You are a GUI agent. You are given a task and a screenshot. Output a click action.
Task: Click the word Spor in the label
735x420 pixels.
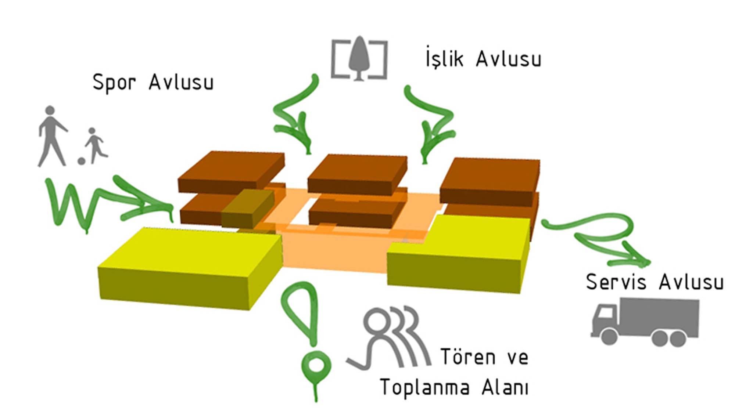tap(114, 83)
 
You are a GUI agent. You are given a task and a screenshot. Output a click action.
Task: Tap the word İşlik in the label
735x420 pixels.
tap(444, 59)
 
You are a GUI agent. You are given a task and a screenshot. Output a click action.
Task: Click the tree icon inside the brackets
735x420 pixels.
tap(359, 58)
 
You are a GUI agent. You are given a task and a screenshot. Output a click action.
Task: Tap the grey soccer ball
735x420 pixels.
tap(81, 161)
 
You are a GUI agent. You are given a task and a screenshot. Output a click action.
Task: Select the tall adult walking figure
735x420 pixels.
tap(51, 136)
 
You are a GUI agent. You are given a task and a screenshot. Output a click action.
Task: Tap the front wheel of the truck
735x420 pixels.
tap(609, 336)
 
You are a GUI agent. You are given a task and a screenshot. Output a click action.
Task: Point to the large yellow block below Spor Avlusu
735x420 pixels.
tap(189, 268)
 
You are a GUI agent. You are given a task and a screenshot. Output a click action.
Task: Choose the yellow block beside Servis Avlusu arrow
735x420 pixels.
tap(459, 253)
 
